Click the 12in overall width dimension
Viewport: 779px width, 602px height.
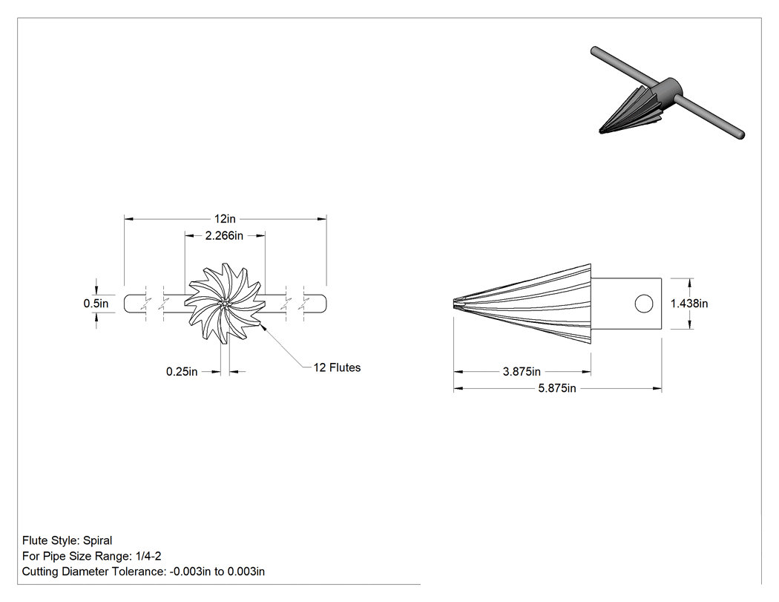pyautogui.click(x=225, y=219)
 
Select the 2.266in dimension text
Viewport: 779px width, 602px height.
pyautogui.click(x=224, y=235)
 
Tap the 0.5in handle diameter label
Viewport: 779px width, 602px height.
pyautogui.click(x=96, y=304)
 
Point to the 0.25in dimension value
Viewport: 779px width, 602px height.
pyautogui.click(x=182, y=372)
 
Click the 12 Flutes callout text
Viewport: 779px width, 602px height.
pyautogui.click(x=337, y=368)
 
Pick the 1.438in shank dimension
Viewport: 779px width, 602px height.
pyautogui.click(x=689, y=304)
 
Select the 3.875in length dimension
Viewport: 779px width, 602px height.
pyautogui.click(x=522, y=371)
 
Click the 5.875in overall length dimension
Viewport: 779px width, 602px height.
pyautogui.click(x=557, y=388)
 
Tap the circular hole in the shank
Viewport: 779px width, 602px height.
pyautogui.click(x=644, y=304)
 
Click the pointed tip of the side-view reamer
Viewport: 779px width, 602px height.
pyautogui.click(x=454, y=304)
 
